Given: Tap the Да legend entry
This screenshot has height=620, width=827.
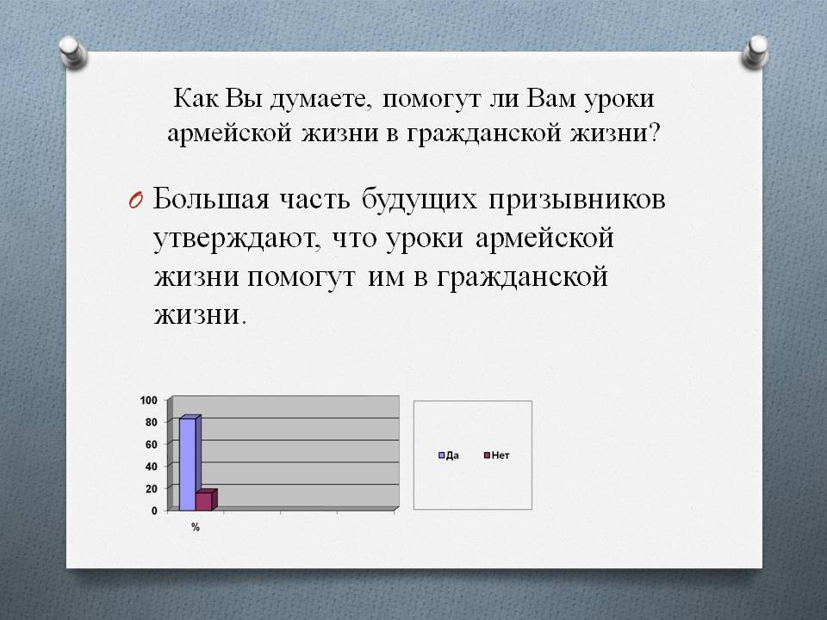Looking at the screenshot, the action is [449, 456].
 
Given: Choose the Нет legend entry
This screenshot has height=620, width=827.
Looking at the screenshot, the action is [497, 456].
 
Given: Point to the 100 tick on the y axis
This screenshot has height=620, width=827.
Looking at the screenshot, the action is [149, 400].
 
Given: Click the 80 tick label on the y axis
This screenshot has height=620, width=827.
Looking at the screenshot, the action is [152, 422].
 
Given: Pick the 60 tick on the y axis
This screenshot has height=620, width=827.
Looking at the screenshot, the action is [152, 444].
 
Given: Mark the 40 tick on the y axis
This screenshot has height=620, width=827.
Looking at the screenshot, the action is [152, 467].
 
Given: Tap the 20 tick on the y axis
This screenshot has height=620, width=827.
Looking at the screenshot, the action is [152, 489].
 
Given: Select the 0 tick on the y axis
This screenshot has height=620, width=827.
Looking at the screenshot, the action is [154, 511].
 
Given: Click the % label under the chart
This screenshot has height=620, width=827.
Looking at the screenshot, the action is [196, 527].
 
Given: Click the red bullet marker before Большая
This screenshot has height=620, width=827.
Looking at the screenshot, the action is [135, 201].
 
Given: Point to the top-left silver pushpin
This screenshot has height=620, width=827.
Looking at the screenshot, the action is [72, 52].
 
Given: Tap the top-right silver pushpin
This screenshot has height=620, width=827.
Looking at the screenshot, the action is [755, 52].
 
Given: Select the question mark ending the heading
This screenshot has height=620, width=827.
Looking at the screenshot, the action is [654, 133].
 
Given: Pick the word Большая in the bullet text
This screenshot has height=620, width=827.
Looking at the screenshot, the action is [210, 199].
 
